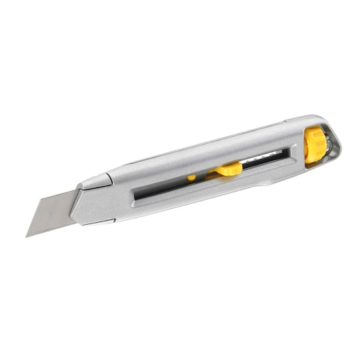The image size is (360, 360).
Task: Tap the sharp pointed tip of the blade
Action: [27, 236]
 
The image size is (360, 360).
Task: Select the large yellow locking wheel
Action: [314, 145]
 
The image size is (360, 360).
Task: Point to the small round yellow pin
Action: [192, 178]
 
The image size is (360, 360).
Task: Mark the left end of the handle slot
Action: [135, 197]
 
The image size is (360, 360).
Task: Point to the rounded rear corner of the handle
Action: [337, 139]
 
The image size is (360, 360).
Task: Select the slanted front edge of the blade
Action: [37, 217]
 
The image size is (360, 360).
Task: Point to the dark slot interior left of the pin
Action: [163, 191]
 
